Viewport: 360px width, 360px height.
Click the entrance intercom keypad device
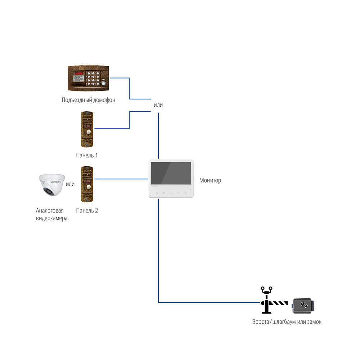click(88, 78)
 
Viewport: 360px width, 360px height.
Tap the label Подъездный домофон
click(88, 100)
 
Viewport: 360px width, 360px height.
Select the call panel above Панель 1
click(87, 129)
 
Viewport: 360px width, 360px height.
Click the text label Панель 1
click(87, 156)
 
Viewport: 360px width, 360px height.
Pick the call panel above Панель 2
click(87, 184)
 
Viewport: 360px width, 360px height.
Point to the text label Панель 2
click(87, 211)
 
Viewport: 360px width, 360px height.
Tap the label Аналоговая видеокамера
click(51, 214)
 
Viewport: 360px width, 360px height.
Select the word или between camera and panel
click(71, 184)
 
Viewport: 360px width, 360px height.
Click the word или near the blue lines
click(158, 105)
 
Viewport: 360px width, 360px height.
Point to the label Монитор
click(210, 180)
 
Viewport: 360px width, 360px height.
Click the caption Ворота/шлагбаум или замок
click(287, 322)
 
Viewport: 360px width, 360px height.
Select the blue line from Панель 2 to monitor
click(121, 179)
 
